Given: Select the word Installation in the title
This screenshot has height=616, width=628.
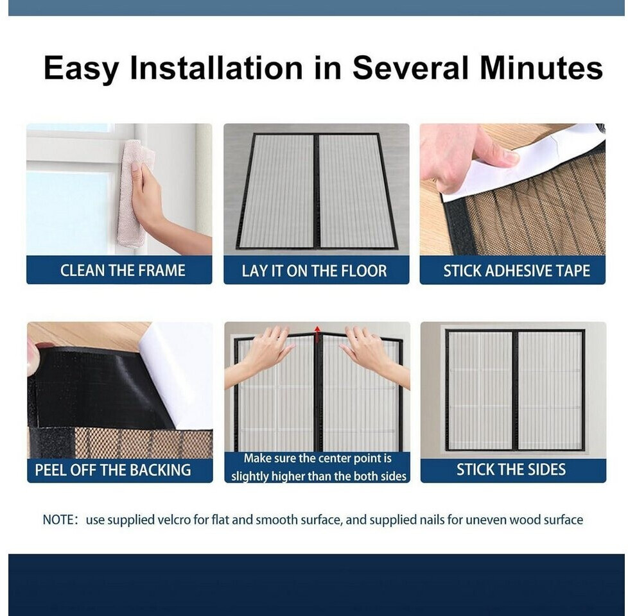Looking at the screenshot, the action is (x=216, y=67).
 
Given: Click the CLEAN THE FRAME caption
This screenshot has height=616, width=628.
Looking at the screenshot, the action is (x=123, y=271).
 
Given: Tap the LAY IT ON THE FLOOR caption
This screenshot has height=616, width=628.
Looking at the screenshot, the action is (x=315, y=271).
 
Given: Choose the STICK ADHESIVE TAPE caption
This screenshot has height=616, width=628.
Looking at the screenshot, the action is (x=516, y=271).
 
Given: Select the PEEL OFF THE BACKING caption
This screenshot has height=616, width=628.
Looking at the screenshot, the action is (x=113, y=470).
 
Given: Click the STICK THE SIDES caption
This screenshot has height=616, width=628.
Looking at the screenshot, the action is (x=511, y=470).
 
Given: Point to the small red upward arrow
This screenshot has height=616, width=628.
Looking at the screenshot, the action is (x=317, y=330).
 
